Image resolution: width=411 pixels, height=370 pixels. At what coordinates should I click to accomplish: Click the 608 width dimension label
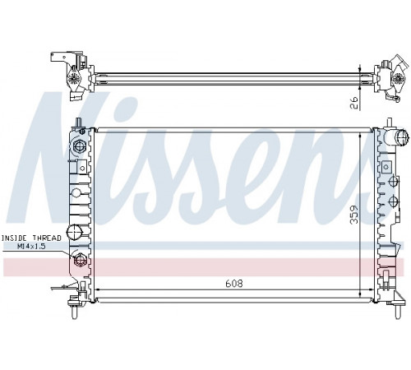pos(234,283)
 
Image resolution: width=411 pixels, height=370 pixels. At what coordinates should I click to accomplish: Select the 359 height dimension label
pos(354,215)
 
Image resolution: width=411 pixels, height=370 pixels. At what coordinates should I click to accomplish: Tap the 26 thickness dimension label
pos(354,103)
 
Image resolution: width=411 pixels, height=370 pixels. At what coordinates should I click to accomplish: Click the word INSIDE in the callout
pos(15,238)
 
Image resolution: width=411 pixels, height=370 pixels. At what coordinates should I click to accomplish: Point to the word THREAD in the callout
pos(47,238)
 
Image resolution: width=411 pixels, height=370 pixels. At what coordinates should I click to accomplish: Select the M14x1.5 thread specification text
pos(31,246)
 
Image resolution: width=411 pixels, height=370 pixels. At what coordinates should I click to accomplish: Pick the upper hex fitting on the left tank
pos(79,146)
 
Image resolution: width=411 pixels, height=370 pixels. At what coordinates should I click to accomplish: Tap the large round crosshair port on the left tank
pos(75,233)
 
